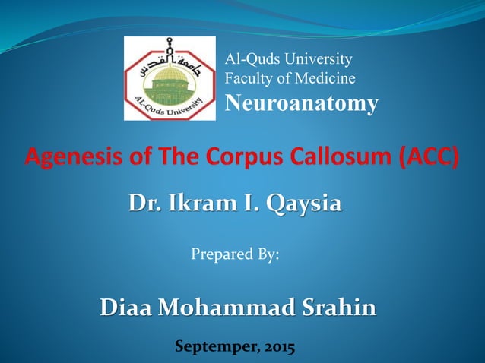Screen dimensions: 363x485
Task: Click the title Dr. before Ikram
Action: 143,204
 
